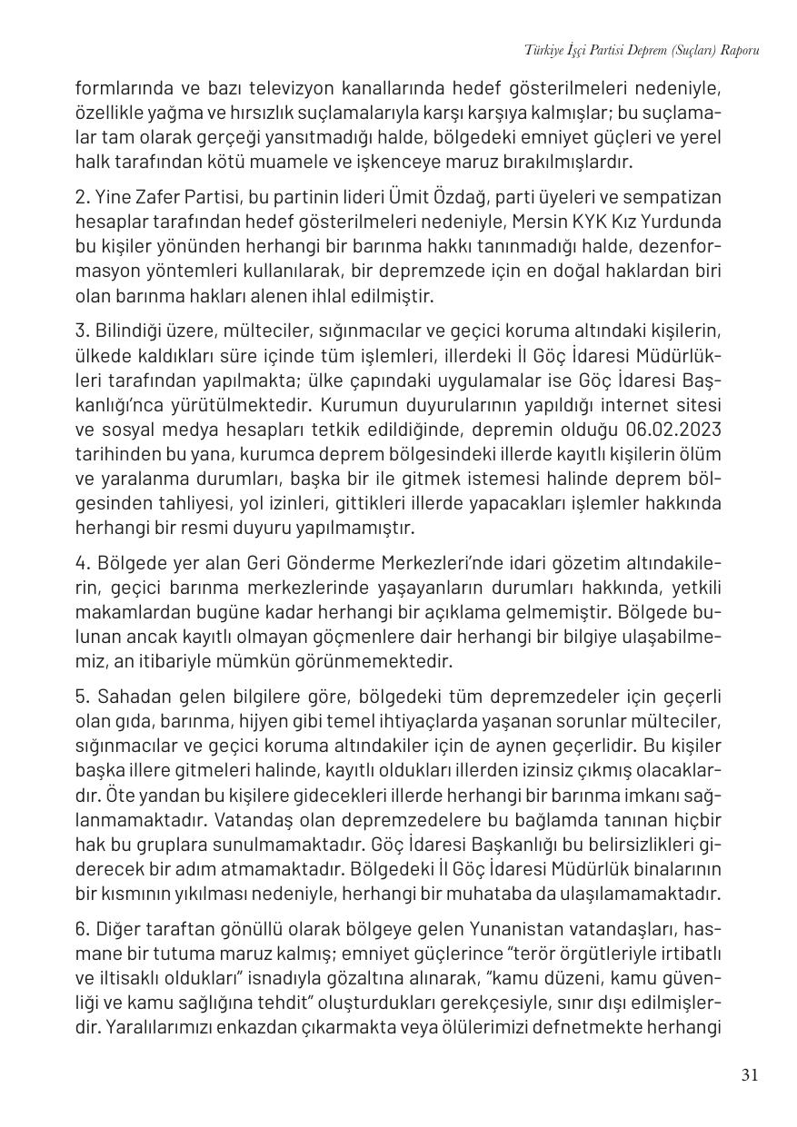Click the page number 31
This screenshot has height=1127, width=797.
click(749, 1075)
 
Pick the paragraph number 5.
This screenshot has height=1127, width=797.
click(80, 697)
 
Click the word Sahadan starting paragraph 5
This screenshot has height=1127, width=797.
click(126, 697)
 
